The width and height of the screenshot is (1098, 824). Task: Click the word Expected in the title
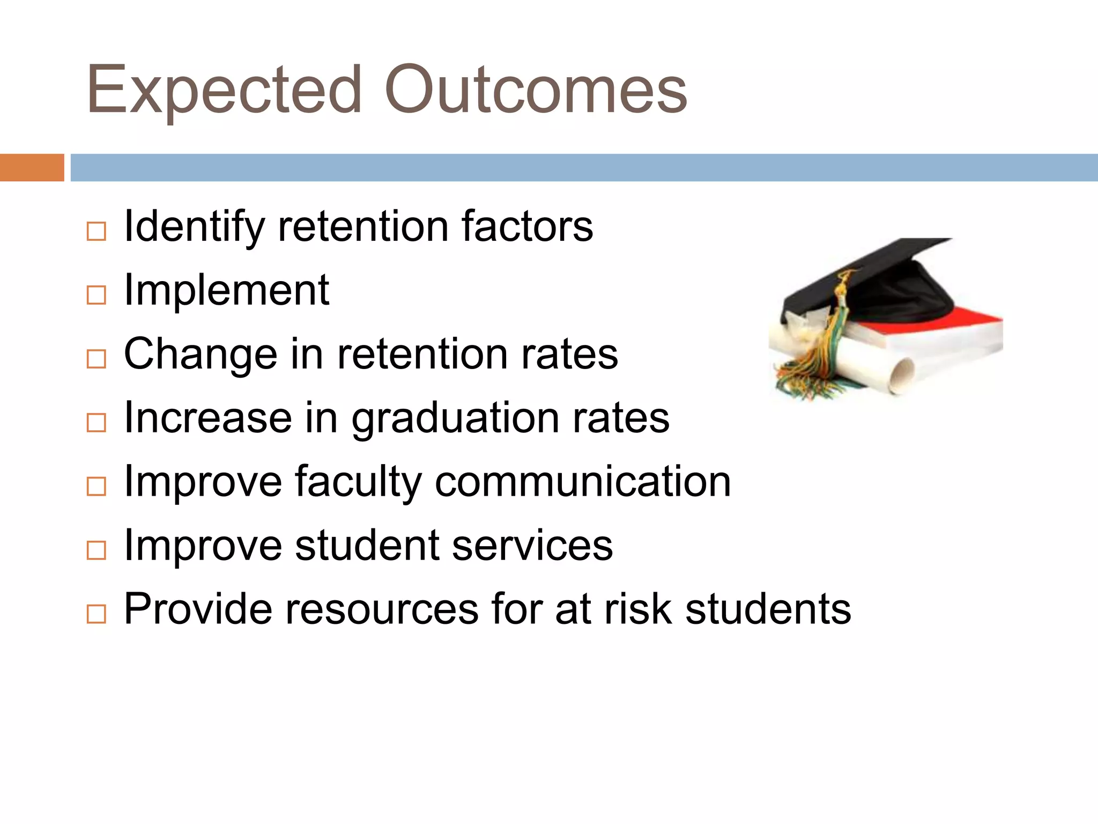click(224, 90)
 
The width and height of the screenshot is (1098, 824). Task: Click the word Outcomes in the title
click(535, 90)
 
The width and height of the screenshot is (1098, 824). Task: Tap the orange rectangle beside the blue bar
click(32, 167)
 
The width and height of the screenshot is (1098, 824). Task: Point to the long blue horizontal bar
click(583, 167)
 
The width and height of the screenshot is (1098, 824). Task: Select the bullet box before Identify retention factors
click(96, 232)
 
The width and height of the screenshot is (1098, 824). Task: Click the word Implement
click(226, 291)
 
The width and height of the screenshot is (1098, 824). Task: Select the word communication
click(583, 481)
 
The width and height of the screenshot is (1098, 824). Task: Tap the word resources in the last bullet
click(381, 609)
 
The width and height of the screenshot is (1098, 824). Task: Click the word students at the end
click(768, 609)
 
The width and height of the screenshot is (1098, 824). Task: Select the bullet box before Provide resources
click(96, 614)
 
